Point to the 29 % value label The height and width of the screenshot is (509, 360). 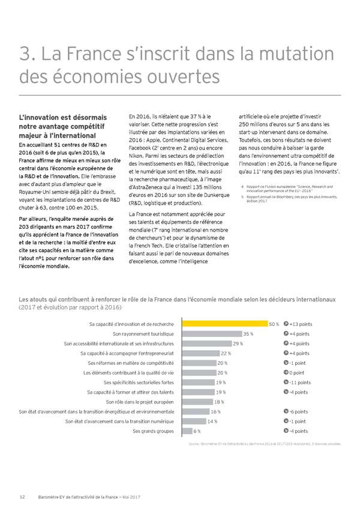click(238, 343)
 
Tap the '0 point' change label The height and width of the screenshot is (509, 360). click(298, 373)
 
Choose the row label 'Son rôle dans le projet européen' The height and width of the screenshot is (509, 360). click(140, 402)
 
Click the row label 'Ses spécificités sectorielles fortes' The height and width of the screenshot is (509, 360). click(139, 382)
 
